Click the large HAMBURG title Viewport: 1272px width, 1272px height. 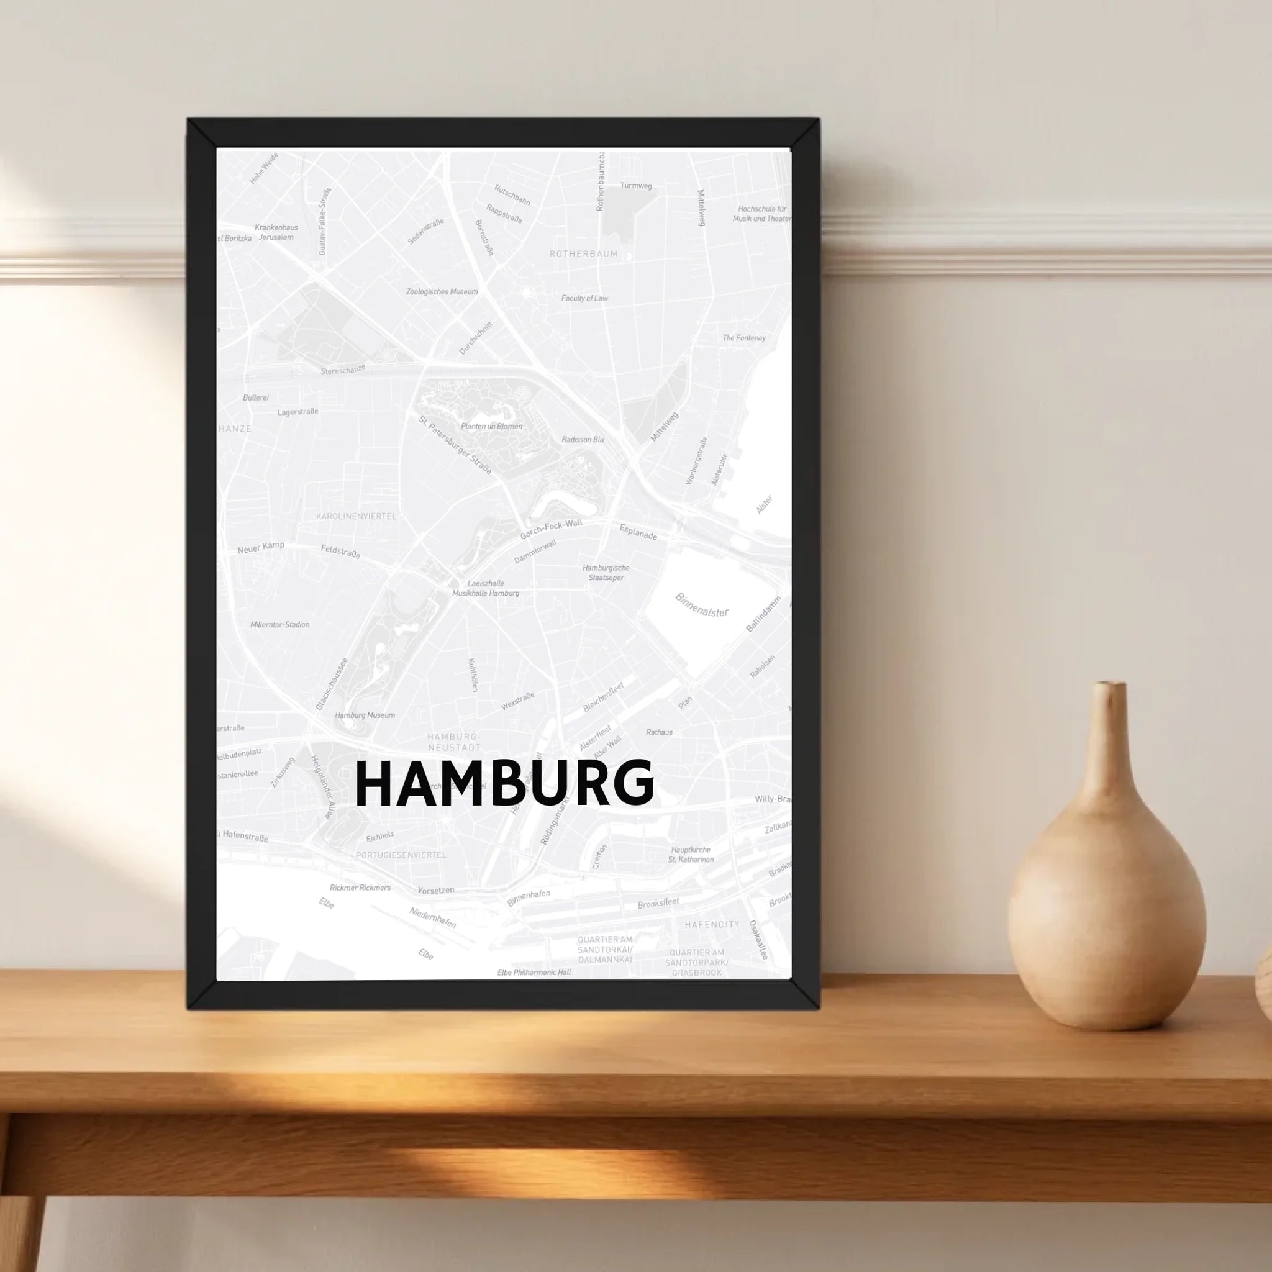[504, 783]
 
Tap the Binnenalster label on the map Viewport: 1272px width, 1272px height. [702, 605]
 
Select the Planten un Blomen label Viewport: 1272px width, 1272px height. [491, 427]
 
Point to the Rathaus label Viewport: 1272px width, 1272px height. [659, 732]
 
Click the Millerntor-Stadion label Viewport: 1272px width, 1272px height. [280, 624]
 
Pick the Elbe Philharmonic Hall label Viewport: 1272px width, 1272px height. [534, 973]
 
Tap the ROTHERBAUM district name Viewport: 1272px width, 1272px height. [584, 253]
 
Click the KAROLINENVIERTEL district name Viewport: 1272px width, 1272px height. [356, 516]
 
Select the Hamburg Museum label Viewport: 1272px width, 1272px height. [365, 715]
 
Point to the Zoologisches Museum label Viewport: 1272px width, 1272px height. [442, 292]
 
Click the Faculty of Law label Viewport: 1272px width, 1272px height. [584, 298]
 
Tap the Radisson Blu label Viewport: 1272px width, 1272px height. [583, 439]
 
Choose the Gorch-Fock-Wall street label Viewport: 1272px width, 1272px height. [551, 529]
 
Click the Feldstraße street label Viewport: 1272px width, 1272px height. [340, 551]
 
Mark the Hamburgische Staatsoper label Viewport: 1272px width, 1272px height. [606, 573]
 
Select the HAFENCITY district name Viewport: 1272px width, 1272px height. [712, 925]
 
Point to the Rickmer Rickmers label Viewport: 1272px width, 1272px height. [360, 888]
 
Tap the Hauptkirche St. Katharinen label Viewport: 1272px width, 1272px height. [691, 855]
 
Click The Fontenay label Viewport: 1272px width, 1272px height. [744, 338]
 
